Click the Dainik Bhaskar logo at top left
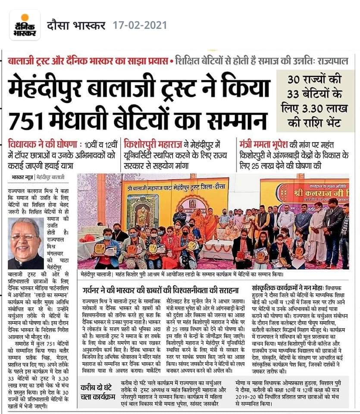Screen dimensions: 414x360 coord(24,25)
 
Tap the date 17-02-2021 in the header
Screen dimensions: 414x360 coord(139,25)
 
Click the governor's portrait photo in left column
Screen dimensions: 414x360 coord(26,244)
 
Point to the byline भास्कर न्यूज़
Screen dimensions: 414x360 coord(22,178)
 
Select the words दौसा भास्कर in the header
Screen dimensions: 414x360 coord(77,25)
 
